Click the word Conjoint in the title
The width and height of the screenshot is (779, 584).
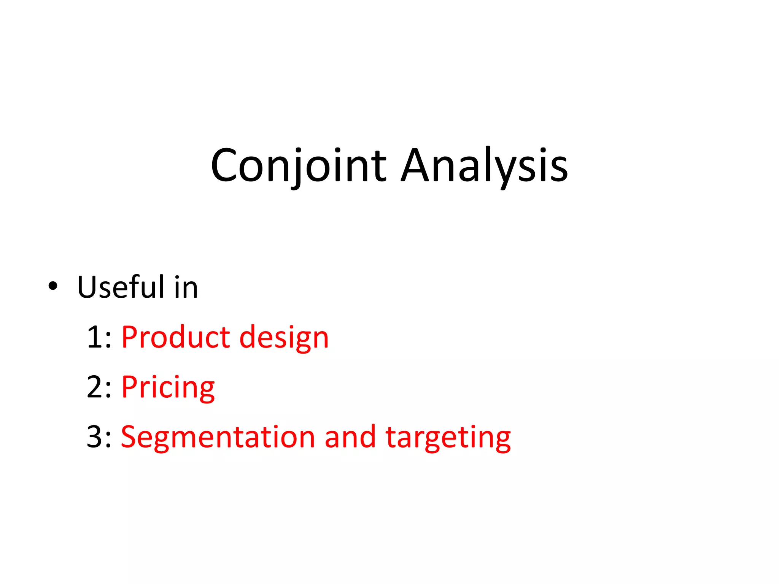[299, 165]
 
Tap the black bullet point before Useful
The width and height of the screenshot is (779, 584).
[53, 286]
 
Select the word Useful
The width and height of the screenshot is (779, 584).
[121, 287]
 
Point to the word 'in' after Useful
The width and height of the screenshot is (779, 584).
[186, 287]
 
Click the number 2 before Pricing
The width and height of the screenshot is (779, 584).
[94, 387]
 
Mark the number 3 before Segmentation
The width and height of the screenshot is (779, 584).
[94, 437]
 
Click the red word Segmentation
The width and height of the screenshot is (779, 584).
[218, 437]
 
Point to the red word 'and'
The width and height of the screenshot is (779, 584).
[350, 437]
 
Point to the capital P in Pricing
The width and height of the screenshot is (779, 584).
[129, 387]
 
